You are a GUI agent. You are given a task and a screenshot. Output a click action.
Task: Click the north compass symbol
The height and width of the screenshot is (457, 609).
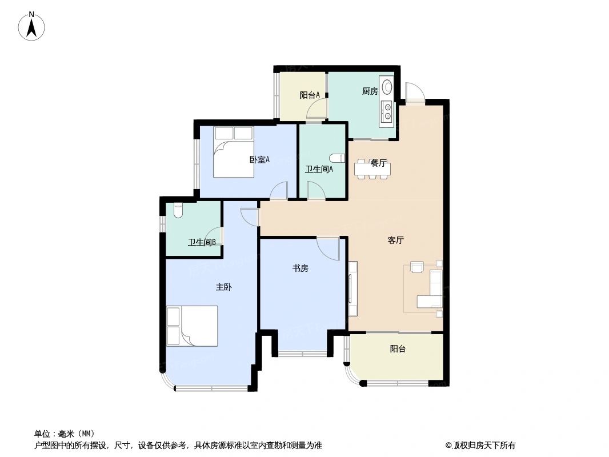click(x=32, y=26)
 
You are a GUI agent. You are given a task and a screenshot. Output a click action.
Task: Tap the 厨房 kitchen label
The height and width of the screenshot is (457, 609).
click(x=370, y=91)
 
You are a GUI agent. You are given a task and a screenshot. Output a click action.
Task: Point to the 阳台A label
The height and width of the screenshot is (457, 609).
click(x=309, y=95)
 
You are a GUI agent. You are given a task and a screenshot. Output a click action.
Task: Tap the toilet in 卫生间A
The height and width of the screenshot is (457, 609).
click(x=338, y=158)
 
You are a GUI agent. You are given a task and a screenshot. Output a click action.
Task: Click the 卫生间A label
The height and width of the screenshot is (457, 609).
click(x=319, y=169)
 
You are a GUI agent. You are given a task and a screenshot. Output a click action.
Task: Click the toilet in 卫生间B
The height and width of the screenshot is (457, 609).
click(x=177, y=211)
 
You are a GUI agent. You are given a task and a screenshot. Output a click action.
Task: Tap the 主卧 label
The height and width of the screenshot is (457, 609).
click(x=223, y=288)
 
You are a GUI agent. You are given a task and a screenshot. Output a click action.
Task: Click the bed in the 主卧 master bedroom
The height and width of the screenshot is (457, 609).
click(x=192, y=326)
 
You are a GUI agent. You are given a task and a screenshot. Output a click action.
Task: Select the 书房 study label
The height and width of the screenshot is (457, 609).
click(x=301, y=268)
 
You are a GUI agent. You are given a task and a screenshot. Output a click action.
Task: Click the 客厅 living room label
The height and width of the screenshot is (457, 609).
click(x=395, y=240)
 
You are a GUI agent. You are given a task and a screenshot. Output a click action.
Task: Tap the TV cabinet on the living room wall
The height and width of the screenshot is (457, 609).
click(x=352, y=289)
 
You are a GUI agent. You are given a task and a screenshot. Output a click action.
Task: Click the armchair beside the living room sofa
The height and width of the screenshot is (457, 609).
click(x=417, y=267)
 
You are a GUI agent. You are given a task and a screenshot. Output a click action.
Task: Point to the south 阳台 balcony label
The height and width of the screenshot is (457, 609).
click(x=398, y=348)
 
